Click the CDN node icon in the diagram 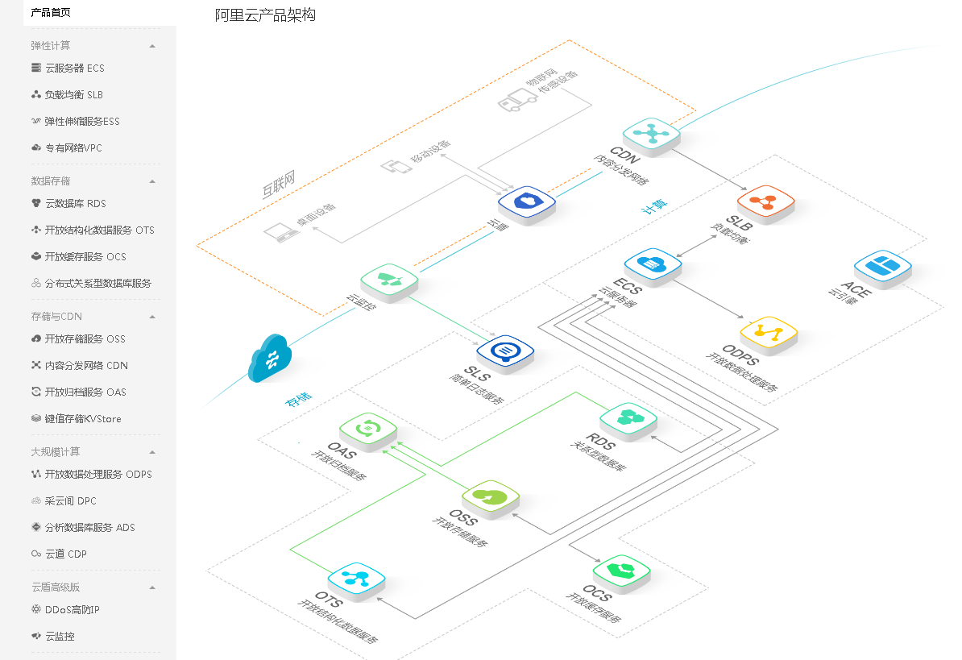point(651,133)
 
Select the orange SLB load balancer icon point(765,200)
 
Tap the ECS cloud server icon point(653,264)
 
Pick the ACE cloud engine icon point(882,266)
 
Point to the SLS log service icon point(505,351)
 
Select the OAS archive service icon point(367,427)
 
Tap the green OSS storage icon point(491,496)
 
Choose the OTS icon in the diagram point(356,578)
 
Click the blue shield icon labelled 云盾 point(526,201)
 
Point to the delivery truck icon point(516,98)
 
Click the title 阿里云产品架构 point(265,15)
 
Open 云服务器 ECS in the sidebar point(74,68)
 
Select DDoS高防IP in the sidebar point(72,609)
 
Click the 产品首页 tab point(50,12)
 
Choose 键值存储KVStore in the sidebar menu point(83,419)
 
